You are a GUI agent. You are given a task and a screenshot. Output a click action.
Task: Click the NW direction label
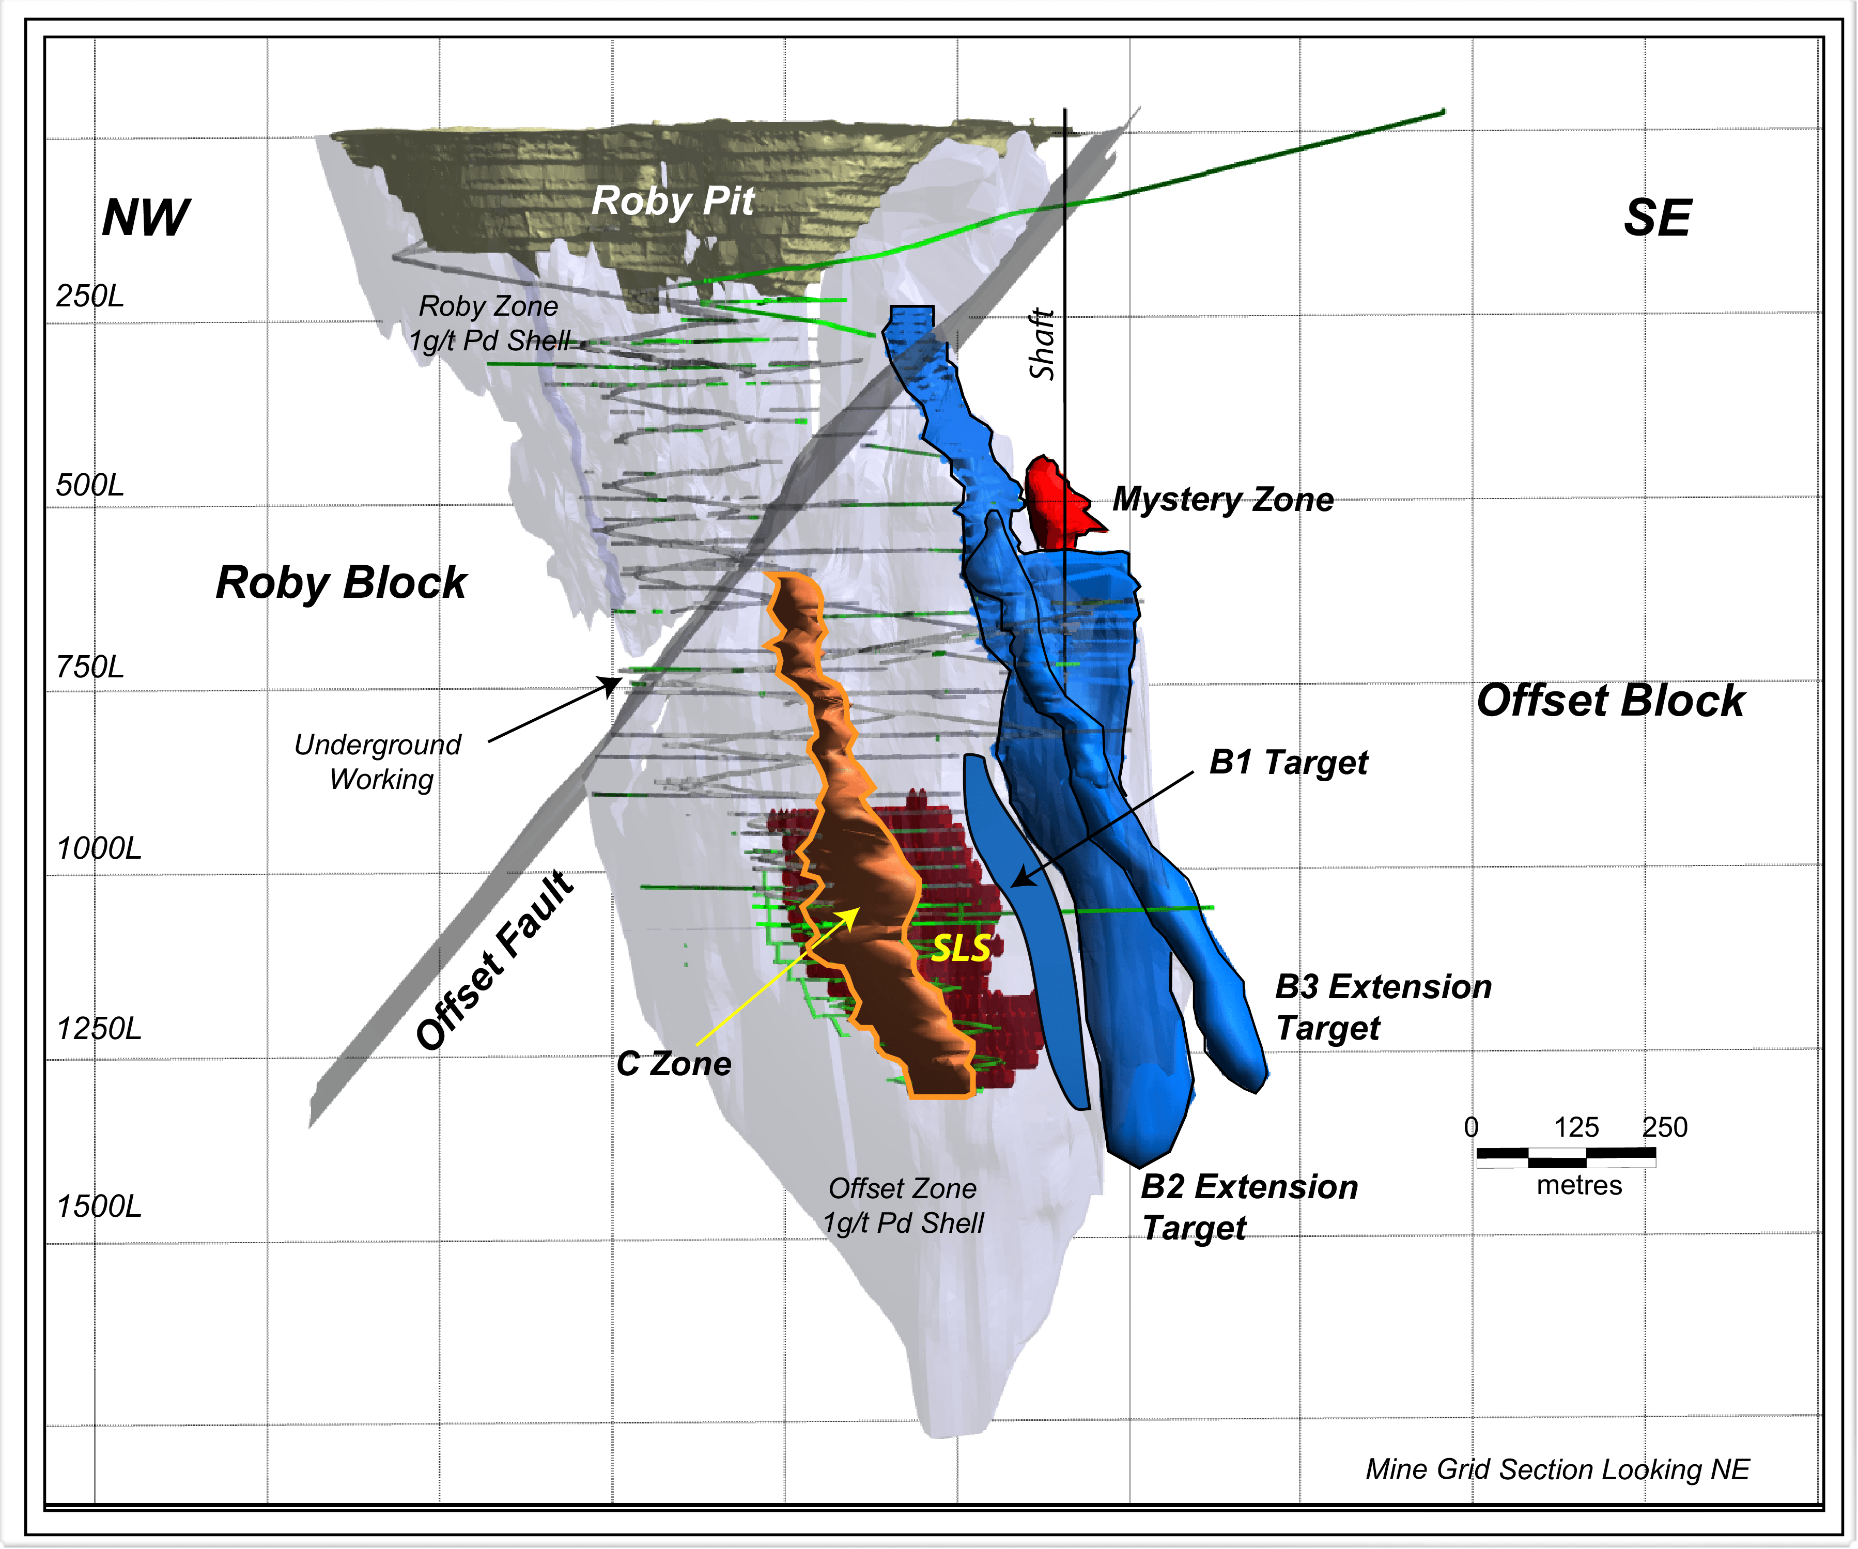(x=146, y=218)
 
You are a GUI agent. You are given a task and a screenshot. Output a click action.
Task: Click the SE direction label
(x=1657, y=218)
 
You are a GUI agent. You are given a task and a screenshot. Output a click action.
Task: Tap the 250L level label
(x=89, y=296)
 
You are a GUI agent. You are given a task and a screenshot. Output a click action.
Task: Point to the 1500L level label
(x=98, y=1206)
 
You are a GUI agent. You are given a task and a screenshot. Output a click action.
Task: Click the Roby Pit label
(x=672, y=201)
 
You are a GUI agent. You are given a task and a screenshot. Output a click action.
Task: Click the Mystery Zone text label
(x=1223, y=500)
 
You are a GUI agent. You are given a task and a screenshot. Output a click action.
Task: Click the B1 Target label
(x=1288, y=762)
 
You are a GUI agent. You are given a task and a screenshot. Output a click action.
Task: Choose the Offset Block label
(x=1611, y=701)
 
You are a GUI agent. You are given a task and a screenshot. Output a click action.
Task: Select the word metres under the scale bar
(x=1580, y=1185)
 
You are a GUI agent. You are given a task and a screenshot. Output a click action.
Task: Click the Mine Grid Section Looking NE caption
(x=1557, y=1469)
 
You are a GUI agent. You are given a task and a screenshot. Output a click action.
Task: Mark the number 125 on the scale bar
(x=1576, y=1128)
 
